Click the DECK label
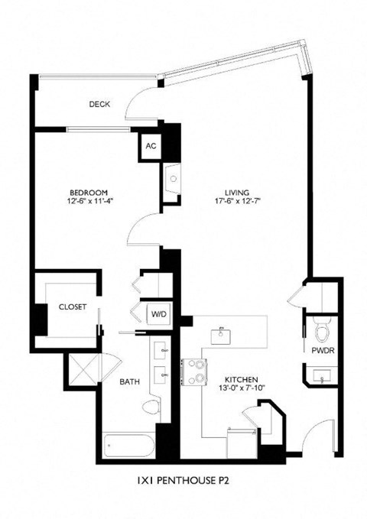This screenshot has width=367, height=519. tap(99, 104)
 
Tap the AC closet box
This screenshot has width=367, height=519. tap(151, 146)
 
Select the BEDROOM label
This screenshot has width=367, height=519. tap(89, 192)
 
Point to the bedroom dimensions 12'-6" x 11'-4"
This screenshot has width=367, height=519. tap(89, 202)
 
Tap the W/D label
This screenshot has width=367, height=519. tap(158, 313)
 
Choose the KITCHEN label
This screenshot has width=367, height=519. tap(239, 379)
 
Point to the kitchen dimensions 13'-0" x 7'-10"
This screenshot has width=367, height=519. tap(239, 389)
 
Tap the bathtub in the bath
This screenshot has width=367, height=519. tap(128, 446)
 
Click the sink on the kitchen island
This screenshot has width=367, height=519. tap(222, 332)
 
